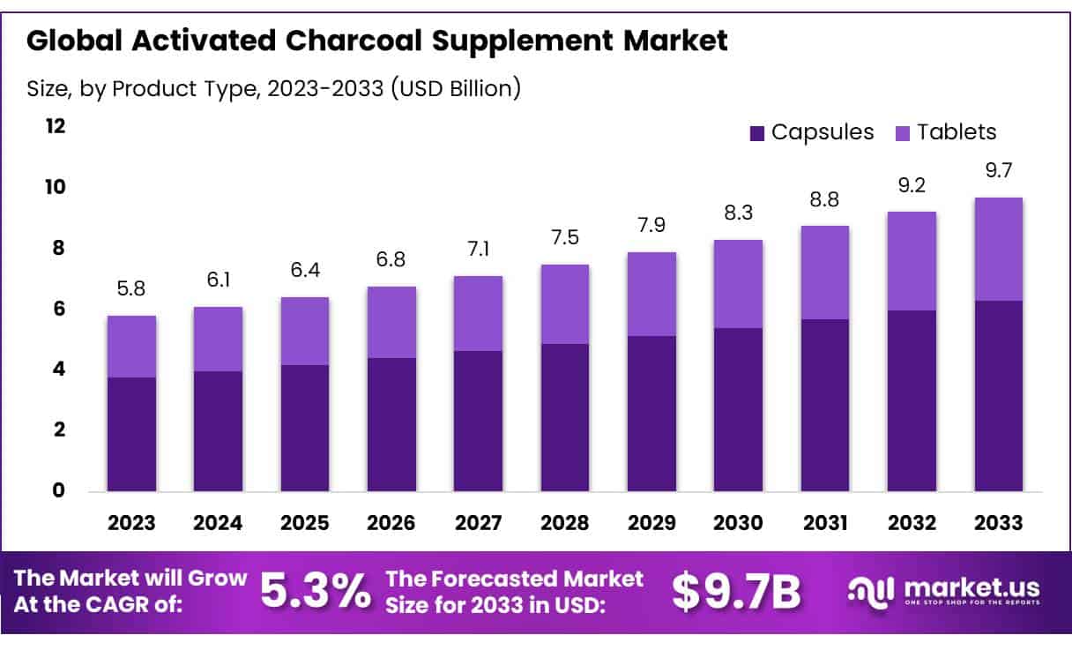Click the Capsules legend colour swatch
pyautogui.click(x=756, y=133)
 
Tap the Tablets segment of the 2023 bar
pyautogui.click(x=131, y=347)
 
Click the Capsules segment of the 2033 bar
pyautogui.click(x=998, y=396)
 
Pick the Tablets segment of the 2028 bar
pyautogui.click(x=565, y=304)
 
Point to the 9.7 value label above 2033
pyautogui.click(x=998, y=171)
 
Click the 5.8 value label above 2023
pyautogui.click(x=131, y=288)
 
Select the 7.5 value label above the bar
pyautogui.click(x=565, y=239)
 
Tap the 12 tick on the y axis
pyautogui.click(x=56, y=126)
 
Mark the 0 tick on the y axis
pyautogui.click(x=59, y=490)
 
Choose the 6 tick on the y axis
pyautogui.click(x=59, y=309)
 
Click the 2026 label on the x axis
pyautogui.click(x=391, y=522)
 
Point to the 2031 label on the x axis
pyautogui.click(x=825, y=522)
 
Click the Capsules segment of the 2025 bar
pyautogui.click(x=305, y=428)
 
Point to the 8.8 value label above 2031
pyautogui.click(x=825, y=200)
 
